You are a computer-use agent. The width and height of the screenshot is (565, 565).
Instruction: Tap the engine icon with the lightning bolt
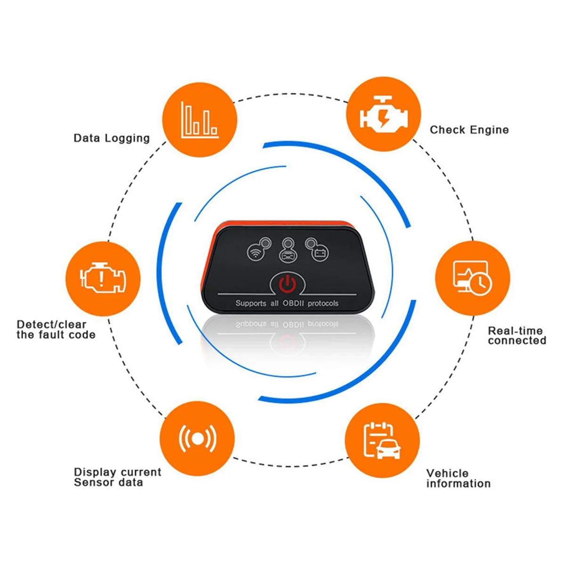pyautogui.click(x=383, y=115)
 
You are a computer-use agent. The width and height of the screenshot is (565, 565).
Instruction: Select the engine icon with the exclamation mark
pyautogui.click(x=103, y=279)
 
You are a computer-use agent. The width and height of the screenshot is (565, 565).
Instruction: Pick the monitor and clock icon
pyautogui.click(x=472, y=279)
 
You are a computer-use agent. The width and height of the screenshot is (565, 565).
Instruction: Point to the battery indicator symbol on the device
pyautogui.click(x=320, y=253)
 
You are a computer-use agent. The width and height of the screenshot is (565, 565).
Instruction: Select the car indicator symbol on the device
pyautogui.click(x=288, y=255)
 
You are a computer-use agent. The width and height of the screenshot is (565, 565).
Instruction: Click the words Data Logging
pyautogui.click(x=112, y=138)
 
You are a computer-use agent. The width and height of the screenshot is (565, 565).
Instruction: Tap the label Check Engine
pyautogui.click(x=469, y=130)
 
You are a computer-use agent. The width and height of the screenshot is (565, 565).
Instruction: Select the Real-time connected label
pyautogui.click(x=517, y=336)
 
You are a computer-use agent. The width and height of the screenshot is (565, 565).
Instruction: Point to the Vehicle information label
pyautogui.click(x=458, y=478)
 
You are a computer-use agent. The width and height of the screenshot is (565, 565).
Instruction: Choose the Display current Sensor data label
pyautogui.click(x=117, y=477)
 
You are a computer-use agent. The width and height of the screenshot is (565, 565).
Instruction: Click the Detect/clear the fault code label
pyautogui.click(x=56, y=330)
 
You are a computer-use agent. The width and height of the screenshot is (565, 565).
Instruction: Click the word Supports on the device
pyautogui.click(x=250, y=303)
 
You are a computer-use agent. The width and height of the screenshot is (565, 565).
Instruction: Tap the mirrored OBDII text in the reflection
pyautogui.click(x=293, y=324)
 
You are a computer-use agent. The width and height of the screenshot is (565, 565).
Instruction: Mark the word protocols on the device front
pyautogui.click(x=323, y=303)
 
